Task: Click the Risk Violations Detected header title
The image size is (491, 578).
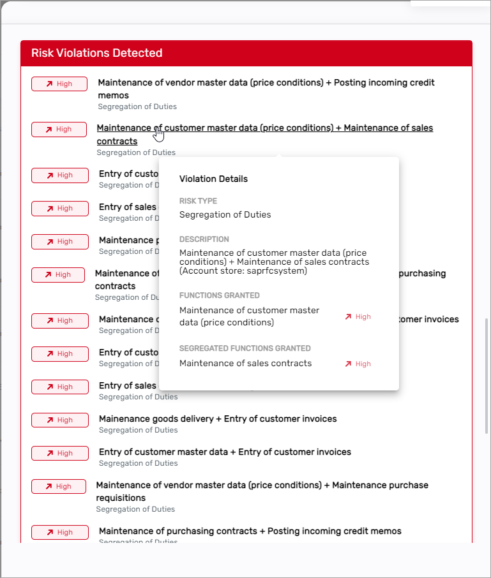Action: [96, 53]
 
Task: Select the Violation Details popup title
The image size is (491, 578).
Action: [213, 179]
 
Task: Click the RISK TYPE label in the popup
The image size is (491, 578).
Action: [198, 201]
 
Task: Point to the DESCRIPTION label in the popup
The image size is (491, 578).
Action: [204, 239]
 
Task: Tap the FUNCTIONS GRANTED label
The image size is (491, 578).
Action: [219, 295]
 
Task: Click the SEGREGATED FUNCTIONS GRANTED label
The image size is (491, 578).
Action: [245, 348]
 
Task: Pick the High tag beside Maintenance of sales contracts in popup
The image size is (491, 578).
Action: [358, 364]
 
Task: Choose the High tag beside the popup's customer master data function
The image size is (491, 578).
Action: [358, 316]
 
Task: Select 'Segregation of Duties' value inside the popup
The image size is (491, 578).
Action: [225, 214]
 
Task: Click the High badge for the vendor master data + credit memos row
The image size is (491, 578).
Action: [59, 84]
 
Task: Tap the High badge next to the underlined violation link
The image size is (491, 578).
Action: [59, 130]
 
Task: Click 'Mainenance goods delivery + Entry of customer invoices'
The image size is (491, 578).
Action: [218, 419]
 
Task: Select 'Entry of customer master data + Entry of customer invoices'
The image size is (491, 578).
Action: [225, 452]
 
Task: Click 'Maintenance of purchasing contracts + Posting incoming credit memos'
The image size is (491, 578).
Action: [250, 531]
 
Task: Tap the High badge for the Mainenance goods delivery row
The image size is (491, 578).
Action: [59, 420]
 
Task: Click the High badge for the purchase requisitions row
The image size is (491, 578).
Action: [59, 487]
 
